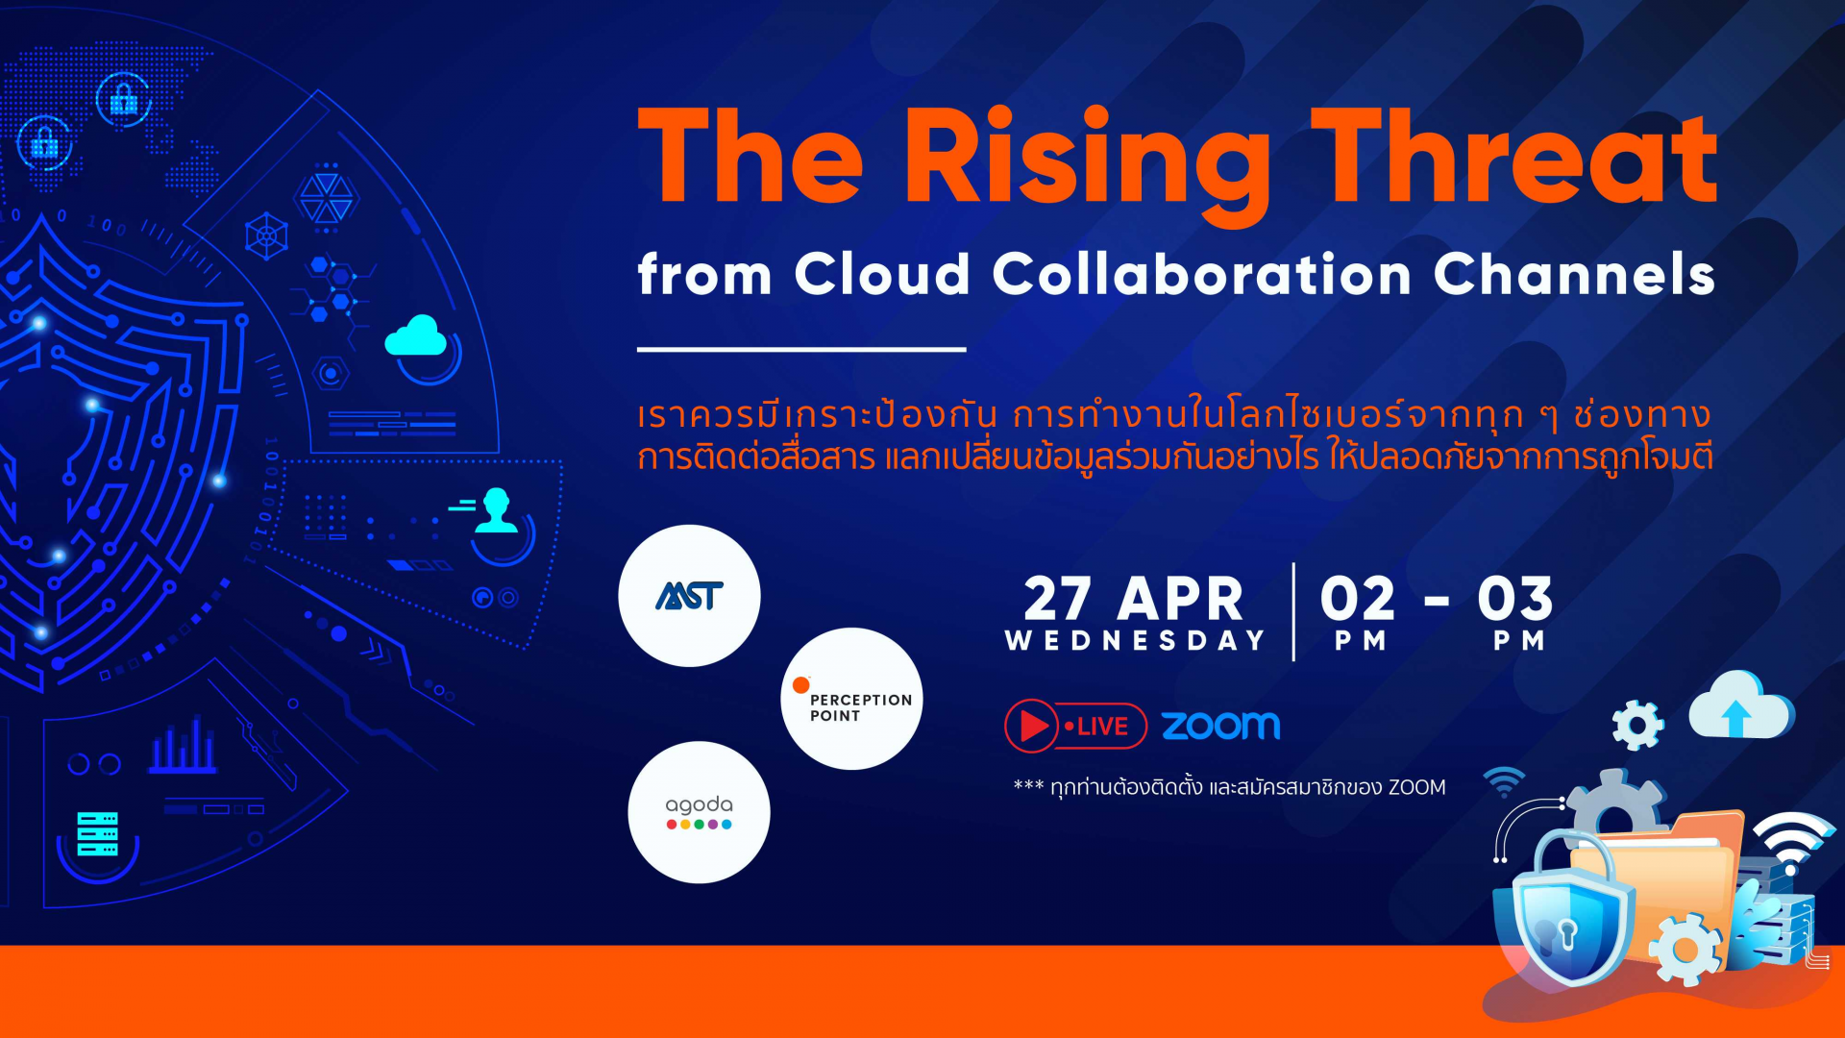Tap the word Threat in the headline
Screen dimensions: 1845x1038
[x=1514, y=157]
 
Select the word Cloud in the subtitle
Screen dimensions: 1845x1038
[x=882, y=274]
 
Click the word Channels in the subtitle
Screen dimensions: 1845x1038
[x=1574, y=274]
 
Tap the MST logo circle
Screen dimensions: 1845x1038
[x=689, y=596]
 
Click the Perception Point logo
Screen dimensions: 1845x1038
[x=852, y=699]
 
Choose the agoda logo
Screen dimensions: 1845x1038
[x=699, y=812]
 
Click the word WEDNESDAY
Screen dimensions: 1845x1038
[x=1135, y=641]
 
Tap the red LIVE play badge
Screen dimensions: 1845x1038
[x=1075, y=726]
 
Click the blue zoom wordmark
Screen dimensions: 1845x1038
[x=1220, y=726]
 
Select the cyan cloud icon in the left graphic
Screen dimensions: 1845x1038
[x=415, y=335]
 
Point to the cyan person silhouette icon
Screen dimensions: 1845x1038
[x=497, y=510]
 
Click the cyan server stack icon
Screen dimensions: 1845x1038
[x=97, y=833]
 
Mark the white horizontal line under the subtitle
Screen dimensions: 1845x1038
[x=801, y=349]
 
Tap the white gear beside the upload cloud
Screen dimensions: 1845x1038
[x=1637, y=726]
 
